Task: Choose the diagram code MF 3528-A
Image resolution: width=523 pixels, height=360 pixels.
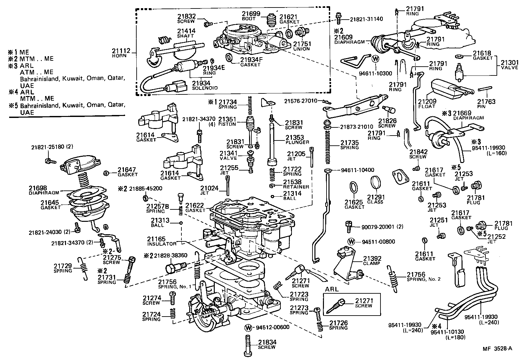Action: pyautogui.click(x=497, y=348)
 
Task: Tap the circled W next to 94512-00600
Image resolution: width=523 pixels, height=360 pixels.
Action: pyautogui.click(x=249, y=328)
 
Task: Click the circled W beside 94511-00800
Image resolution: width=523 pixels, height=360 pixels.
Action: pyautogui.click(x=351, y=242)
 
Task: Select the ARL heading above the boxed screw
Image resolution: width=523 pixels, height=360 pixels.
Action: pyautogui.click(x=332, y=289)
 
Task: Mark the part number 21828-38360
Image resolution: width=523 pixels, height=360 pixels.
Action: pyautogui.click(x=171, y=255)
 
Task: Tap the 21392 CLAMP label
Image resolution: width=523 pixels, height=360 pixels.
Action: pyautogui.click(x=372, y=261)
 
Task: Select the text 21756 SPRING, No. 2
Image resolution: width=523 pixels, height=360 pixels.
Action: pyautogui.click(x=423, y=276)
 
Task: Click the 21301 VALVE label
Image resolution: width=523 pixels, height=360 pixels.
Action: pyautogui.click(x=510, y=65)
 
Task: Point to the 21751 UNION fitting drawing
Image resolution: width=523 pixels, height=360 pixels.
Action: pyautogui.click(x=300, y=33)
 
